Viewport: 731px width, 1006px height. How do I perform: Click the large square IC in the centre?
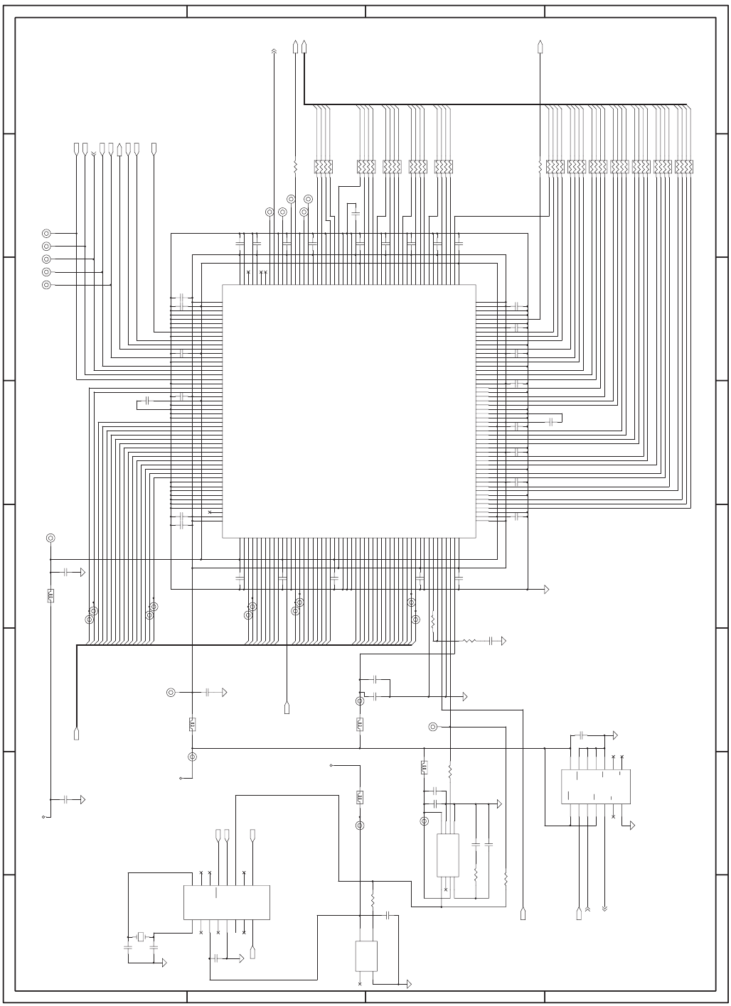348,411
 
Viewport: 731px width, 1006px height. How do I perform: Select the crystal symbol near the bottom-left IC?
141,936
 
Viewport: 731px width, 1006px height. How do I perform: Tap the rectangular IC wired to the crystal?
226,902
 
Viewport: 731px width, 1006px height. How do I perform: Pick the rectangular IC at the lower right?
595,786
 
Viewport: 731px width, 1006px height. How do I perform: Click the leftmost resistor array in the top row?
324,167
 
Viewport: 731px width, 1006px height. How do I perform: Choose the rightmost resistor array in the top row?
684,167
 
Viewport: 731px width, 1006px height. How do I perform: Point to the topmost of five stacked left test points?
47,233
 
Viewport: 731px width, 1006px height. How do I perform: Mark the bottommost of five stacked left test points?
47,285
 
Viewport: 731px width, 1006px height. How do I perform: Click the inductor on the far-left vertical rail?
50,595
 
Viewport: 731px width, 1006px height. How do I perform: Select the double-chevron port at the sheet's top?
274,50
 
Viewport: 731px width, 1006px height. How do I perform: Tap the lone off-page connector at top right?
540,47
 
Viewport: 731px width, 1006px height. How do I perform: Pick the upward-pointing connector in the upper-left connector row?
119,149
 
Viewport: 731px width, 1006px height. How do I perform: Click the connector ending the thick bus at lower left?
76,734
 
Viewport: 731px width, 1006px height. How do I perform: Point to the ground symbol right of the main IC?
547,589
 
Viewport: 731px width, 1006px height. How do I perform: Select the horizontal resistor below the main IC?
469,641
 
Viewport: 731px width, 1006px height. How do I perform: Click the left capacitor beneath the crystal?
128,948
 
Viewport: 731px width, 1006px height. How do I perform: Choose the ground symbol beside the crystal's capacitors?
164,963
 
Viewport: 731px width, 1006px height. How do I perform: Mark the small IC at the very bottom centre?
366,956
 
